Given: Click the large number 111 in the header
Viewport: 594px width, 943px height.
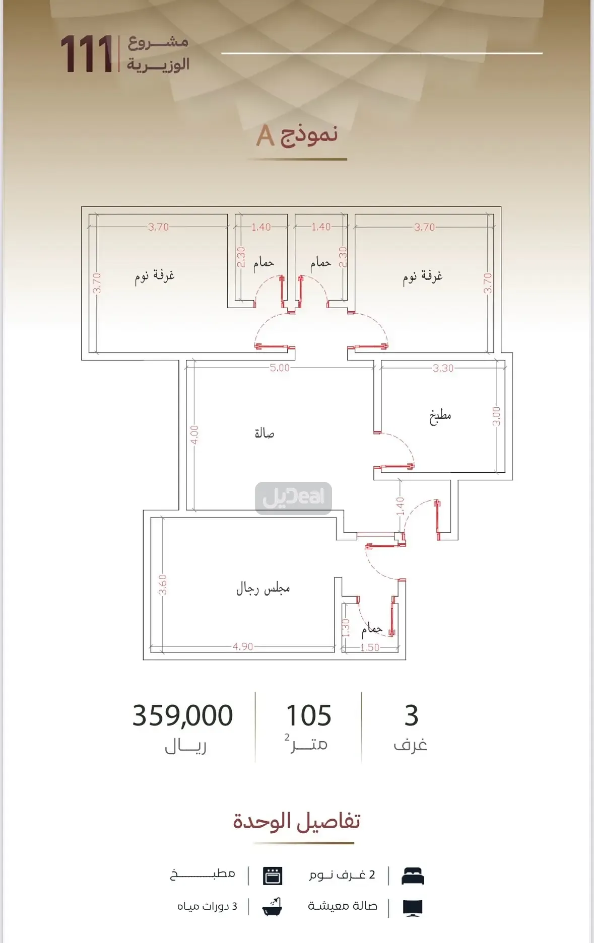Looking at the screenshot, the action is [x=86, y=54].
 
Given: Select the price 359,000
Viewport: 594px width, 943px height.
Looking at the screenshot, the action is [x=182, y=715].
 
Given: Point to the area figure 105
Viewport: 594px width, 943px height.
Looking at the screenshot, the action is [x=308, y=715].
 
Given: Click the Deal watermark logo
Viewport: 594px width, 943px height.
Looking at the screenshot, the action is [x=293, y=498].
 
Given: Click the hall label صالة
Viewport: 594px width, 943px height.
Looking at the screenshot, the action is [x=264, y=433].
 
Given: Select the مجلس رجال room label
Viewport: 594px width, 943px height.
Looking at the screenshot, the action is [x=263, y=588].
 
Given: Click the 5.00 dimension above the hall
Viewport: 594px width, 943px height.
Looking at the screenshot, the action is [x=280, y=368].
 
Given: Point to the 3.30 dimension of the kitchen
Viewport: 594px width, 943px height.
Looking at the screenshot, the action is [x=443, y=368].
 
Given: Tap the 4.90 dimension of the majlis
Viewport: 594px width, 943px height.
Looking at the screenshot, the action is [x=243, y=646].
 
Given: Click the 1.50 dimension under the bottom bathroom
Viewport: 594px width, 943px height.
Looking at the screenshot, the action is [x=369, y=647].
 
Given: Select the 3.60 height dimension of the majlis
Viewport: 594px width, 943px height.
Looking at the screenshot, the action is [x=162, y=585].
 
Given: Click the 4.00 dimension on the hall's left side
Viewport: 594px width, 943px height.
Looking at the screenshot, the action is [x=194, y=435].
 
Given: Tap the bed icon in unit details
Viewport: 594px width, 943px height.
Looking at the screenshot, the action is [x=413, y=877].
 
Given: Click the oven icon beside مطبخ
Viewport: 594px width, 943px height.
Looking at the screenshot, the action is [x=273, y=876].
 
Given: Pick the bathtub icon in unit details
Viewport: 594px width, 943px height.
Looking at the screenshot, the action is [x=272, y=907].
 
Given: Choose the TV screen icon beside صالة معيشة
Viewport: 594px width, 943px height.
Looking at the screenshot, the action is [x=413, y=908].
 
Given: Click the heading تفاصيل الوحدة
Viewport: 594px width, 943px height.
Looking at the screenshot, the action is [x=296, y=821].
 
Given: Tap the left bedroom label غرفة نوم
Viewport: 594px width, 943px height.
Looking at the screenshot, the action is [x=155, y=276].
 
